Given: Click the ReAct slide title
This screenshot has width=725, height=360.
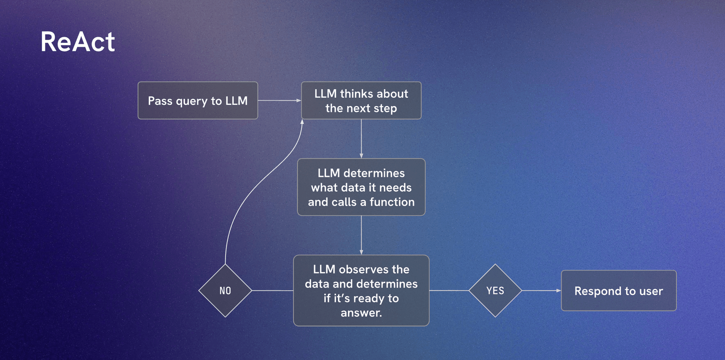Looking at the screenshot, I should [78, 42].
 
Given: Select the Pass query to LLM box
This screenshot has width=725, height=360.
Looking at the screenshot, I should [198, 100].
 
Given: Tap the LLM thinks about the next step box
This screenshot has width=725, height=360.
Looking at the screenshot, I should [361, 100].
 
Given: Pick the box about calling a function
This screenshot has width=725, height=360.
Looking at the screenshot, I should [361, 187].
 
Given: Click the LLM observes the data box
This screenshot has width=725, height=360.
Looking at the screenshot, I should [361, 290].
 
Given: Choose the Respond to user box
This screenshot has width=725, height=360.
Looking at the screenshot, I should [618, 291].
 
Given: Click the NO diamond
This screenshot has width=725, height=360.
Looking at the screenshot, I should [225, 291].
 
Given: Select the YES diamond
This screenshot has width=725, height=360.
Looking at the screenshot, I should [495, 291].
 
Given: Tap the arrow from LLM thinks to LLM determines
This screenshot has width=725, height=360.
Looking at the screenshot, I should [361, 139].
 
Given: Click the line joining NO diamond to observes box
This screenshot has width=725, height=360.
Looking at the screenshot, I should [272, 291].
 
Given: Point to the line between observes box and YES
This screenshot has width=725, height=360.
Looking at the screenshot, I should [449, 291].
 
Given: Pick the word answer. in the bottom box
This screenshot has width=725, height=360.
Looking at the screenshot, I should [361, 312].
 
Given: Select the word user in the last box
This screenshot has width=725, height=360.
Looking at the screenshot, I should [651, 291].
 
